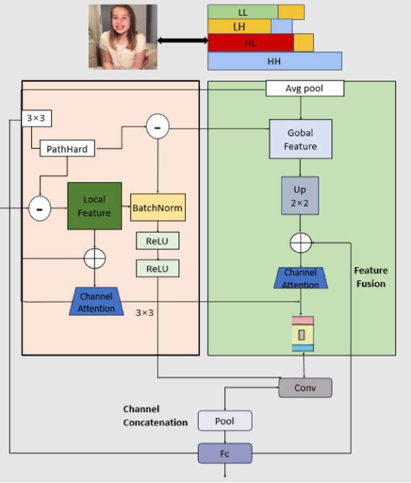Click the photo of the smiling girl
coord(123,37)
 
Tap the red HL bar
coord(251,43)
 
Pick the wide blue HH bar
coord(275,61)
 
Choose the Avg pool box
coord(304,88)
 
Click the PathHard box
coord(67,149)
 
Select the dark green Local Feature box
coord(94,206)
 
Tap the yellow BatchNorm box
coord(158,207)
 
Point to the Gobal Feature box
coord(301,139)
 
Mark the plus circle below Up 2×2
coord(301,243)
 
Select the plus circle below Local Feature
coord(95,258)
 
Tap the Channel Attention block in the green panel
coord(301,277)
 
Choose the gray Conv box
coord(305,388)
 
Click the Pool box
coord(225,421)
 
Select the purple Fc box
coord(225,454)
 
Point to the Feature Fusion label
coord(370,277)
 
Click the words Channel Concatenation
coord(155,416)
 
